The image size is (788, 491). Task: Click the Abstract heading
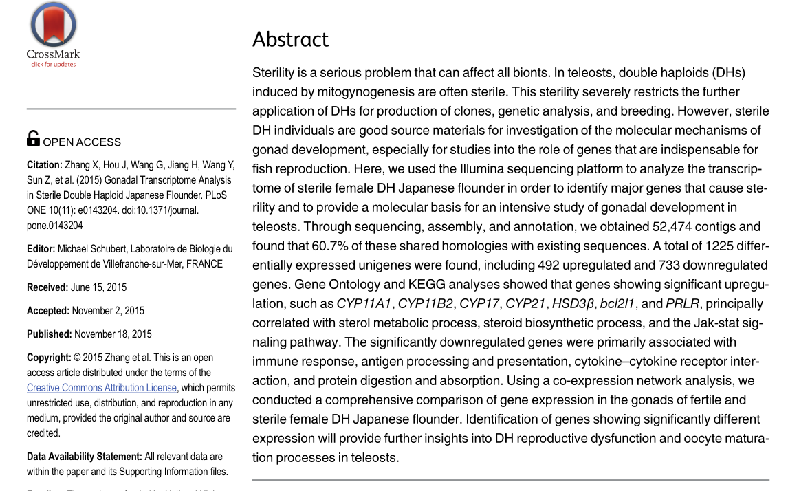(x=291, y=39)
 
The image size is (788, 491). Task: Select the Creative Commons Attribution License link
(x=102, y=388)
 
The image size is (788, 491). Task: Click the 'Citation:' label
(x=45, y=165)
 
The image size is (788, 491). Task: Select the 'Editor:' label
(x=41, y=248)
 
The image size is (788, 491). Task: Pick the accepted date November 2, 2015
(x=108, y=311)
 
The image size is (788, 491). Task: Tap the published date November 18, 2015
(x=113, y=334)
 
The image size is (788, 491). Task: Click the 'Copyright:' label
(x=49, y=358)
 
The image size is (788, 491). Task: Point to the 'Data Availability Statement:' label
(x=85, y=457)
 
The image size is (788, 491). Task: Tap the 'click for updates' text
(x=54, y=65)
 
